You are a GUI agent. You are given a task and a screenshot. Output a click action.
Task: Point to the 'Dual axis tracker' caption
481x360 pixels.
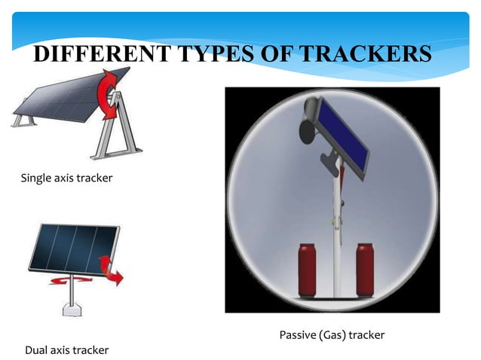coord(66,349)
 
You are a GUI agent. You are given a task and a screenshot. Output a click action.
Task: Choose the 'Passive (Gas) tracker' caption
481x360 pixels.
coord(332,334)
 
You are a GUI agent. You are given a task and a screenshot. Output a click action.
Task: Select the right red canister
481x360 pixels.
coord(366,268)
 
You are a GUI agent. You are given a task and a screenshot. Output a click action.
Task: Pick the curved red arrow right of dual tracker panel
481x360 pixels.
coord(113,269)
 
